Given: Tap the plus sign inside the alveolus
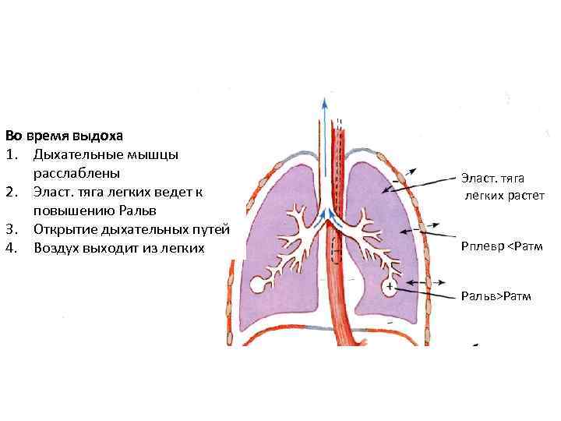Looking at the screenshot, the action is [x=389, y=288].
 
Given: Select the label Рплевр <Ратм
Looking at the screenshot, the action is [x=501, y=247].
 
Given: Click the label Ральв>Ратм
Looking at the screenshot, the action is [x=496, y=296].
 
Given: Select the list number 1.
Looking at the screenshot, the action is [x=10, y=153].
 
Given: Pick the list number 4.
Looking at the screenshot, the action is [x=10, y=248].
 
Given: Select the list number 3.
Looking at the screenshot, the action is [x=10, y=229].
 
